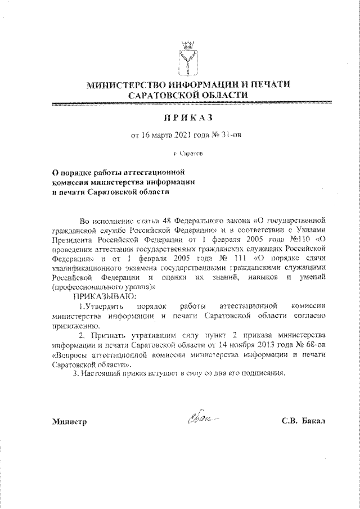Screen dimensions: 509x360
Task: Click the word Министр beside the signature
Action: [67, 422]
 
